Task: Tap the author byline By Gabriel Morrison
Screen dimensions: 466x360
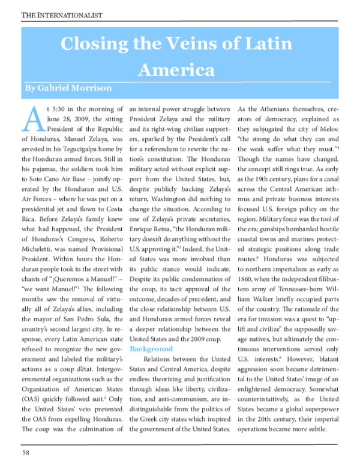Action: pos(67,88)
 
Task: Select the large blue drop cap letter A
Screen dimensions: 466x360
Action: pos(34,120)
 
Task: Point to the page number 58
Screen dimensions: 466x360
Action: pos(26,452)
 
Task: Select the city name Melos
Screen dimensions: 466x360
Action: pos(340,135)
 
